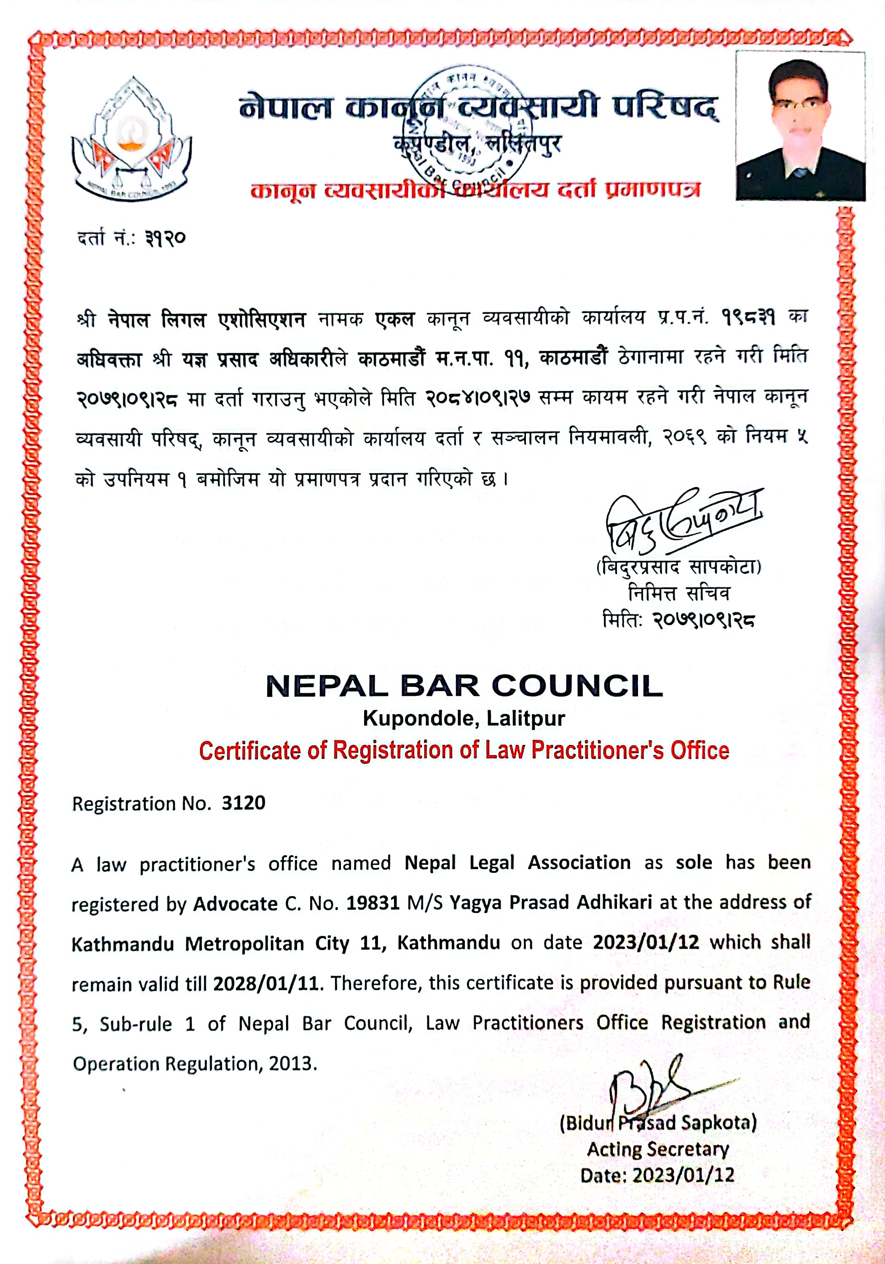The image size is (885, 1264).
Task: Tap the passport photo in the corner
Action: [800, 126]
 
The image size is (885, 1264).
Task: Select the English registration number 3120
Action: [244, 803]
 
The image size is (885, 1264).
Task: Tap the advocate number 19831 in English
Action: [373, 903]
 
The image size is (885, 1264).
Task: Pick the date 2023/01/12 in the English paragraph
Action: [646, 943]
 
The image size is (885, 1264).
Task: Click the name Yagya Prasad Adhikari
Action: [551, 903]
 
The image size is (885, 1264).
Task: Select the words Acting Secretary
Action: [657, 1149]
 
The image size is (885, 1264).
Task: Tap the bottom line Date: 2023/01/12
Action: [657, 1176]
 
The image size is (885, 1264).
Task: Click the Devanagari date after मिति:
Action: [704, 621]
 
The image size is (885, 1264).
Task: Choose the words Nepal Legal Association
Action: [517, 862]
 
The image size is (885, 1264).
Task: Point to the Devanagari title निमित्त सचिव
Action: [678, 594]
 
